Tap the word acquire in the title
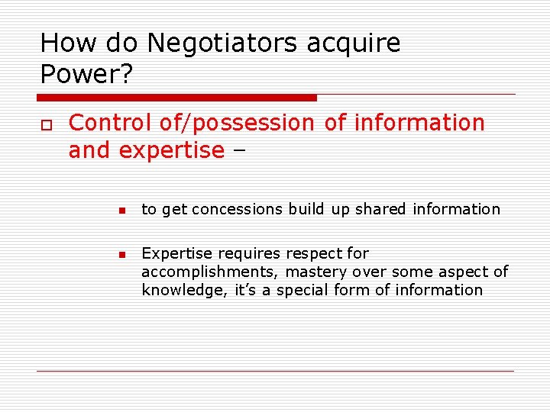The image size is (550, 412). [x=354, y=43]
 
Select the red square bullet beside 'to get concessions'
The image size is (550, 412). [x=120, y=210]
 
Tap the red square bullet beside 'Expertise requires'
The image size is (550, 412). [x=120, y=254]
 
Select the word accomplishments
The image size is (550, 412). [x=205, y=272]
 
